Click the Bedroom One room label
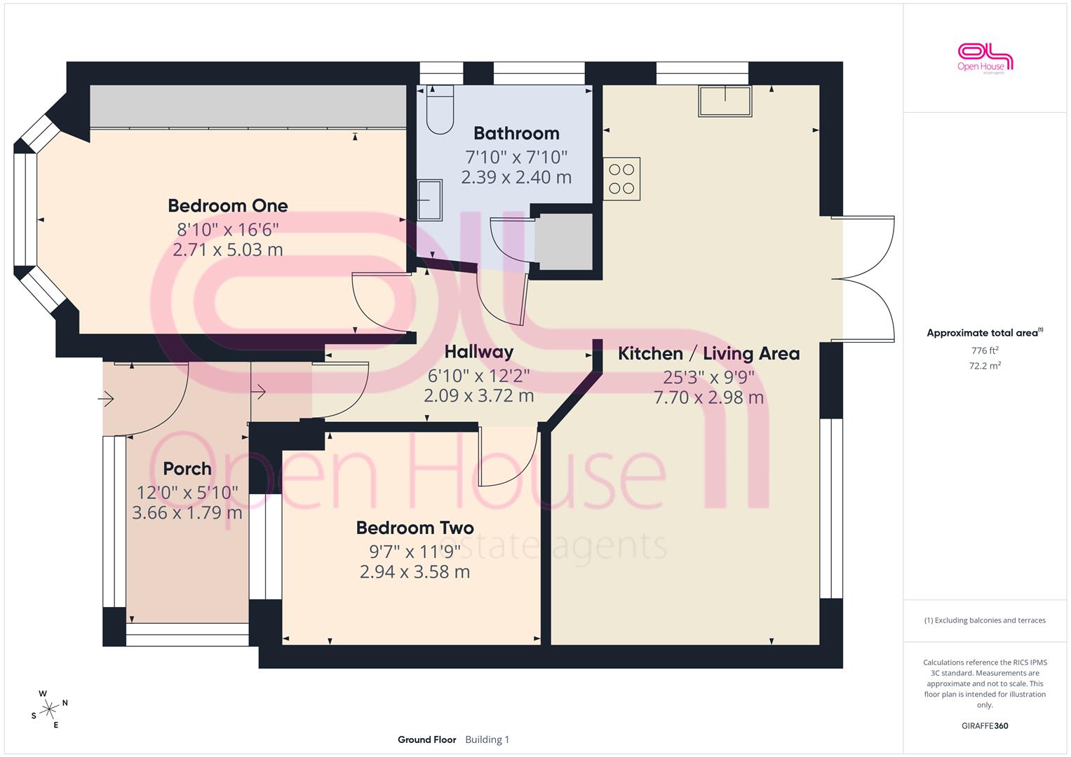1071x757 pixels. coord(227,206)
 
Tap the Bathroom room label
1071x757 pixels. coord(516,133)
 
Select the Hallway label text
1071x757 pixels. coord(478,352)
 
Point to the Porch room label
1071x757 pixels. coord(187,469)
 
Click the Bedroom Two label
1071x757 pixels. coord(415,528)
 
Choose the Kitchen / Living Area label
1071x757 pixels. coord(708,354)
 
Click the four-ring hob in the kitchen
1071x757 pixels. coord(621,179)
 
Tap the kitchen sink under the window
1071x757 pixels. coord(725,101)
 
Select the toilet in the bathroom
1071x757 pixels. coord(440,109)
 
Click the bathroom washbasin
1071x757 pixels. coord(429,200)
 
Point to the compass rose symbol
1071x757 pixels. coord(49,709)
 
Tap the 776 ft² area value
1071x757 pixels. coord(985,350)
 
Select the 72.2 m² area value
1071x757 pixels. coord(985,366)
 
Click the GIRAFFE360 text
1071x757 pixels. coord(985,725)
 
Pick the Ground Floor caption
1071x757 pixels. coord(426,739)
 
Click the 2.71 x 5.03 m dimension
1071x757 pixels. coord(227,250)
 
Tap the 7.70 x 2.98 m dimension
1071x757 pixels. coord(708,397)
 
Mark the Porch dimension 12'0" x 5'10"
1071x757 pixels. coord(187,492)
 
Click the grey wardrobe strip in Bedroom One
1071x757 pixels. coord(248,106)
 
